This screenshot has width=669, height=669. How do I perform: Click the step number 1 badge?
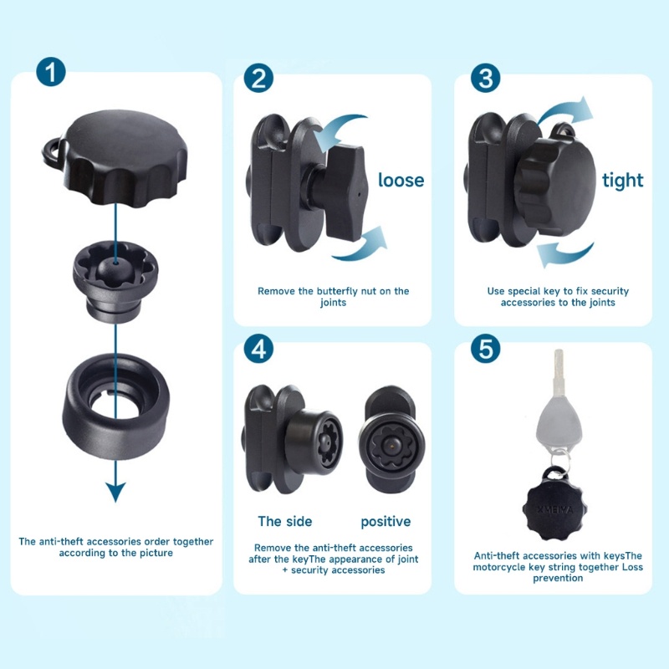(51, 72)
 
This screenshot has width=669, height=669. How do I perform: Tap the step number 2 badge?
(258, 78)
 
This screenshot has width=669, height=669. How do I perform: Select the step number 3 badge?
(486, 78)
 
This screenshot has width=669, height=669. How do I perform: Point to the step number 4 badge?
(258, 348)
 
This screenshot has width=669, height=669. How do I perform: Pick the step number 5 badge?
(486, 348)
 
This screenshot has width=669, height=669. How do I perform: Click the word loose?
(401, 180)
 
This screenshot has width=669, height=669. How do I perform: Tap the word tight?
(622, 181)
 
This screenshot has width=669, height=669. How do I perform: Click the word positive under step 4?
(386, 522)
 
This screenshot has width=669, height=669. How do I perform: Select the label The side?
(285, 521)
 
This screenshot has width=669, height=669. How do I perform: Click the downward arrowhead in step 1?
(115, 492)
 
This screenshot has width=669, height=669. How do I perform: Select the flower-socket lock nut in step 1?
(115, 279)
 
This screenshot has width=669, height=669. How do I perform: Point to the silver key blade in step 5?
(559, 375)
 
